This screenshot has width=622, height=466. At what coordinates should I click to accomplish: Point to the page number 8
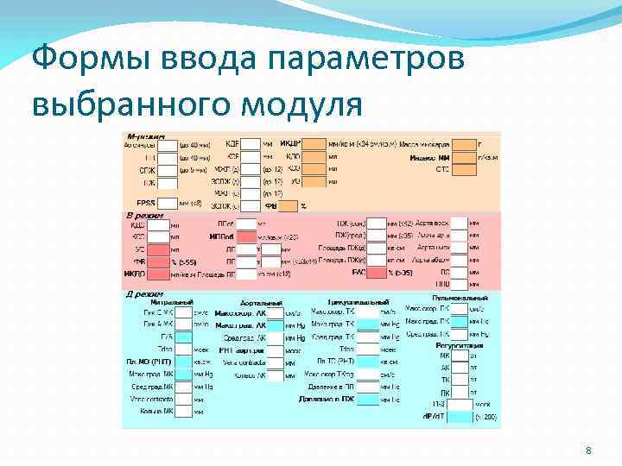tap(588, 451)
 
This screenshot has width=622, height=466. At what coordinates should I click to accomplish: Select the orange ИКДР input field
tap(314, 144)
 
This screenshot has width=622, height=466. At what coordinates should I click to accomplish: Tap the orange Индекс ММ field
tap(463, 157)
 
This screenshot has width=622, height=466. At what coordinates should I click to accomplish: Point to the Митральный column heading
tap(171, 303)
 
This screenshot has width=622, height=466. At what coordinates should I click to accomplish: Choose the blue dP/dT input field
tap(459, 416)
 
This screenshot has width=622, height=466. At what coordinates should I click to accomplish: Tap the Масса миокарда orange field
tap(463, 144)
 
